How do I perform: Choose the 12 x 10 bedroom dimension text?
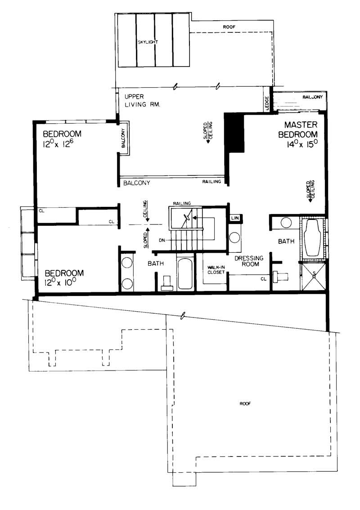64,283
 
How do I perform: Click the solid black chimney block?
234,134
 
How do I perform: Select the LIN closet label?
234,219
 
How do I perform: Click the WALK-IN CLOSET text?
215,269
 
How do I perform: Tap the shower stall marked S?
313,276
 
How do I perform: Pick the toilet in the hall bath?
167,282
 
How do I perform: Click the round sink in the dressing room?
234,238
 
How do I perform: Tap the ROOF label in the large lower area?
245,403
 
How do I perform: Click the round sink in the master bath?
285,223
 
